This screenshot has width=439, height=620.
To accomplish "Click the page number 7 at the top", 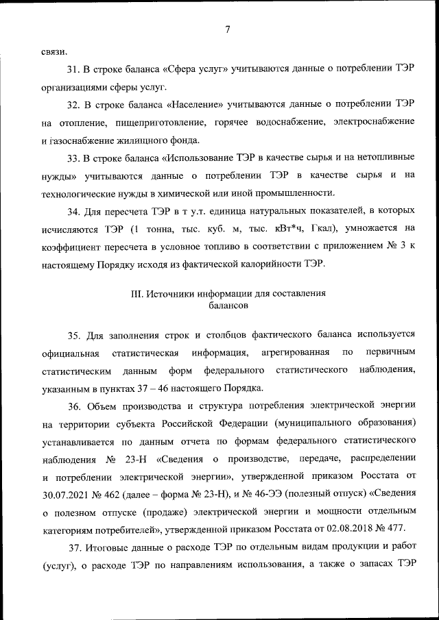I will [x=226, y=29].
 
